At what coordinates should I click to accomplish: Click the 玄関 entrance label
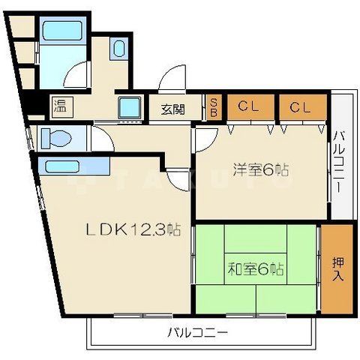pyautogui.click(x=173, y=109)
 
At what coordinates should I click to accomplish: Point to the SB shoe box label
pyautogui.click(x=213, y=108)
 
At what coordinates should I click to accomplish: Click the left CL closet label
pyautogui.click(x=249, y=106)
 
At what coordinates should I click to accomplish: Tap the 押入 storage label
pyautogui.click(x=338, y=268)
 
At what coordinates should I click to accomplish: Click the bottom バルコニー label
pyautogui.click(x=198, y=331)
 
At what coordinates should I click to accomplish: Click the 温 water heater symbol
pyautogui.click(x=58, y=105)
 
